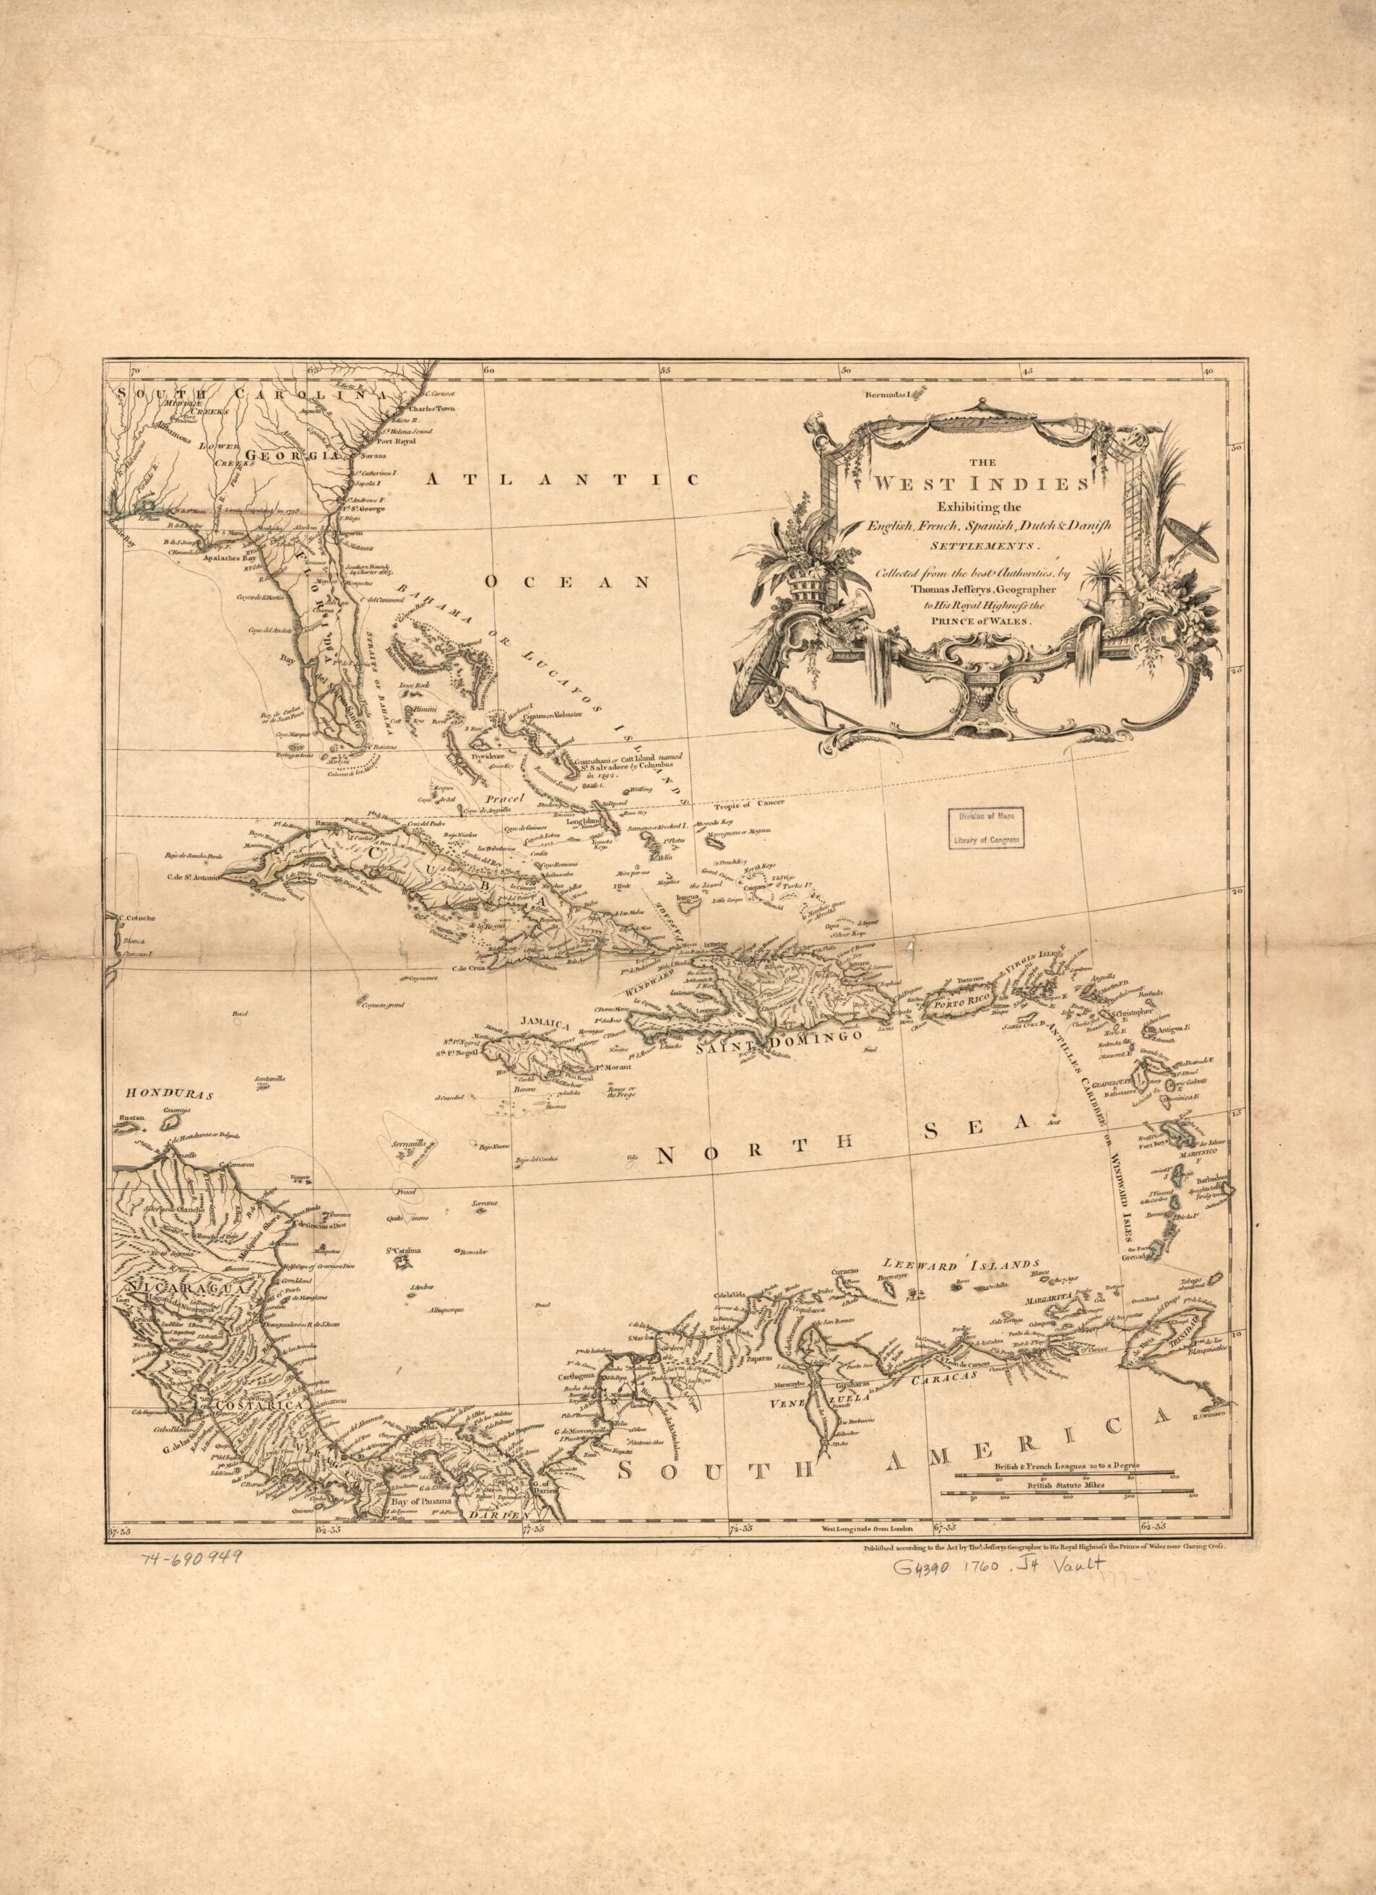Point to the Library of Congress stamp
point(987,827)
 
